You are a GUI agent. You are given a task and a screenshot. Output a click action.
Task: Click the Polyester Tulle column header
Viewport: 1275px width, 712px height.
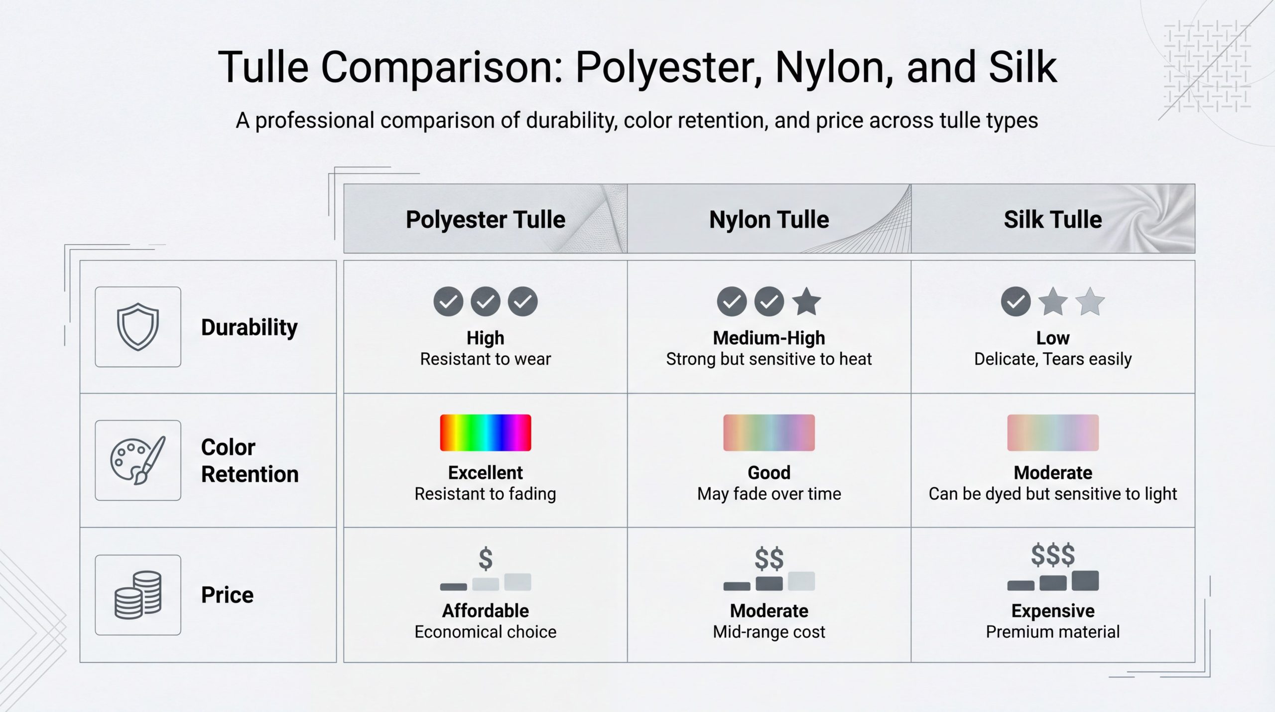[x=485, y=219]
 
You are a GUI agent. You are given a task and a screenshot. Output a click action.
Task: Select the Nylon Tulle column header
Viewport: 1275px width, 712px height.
[x=769, y=219]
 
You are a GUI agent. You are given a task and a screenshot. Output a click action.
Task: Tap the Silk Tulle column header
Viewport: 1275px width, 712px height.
[x=1053, y=219]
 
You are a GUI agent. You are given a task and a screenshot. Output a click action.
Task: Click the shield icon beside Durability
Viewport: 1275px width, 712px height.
[x=138, y=327]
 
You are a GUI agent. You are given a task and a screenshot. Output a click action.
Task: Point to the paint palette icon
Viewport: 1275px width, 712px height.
[x=138, y=460]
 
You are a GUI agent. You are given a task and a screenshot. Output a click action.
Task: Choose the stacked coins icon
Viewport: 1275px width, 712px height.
[x=138, y=595]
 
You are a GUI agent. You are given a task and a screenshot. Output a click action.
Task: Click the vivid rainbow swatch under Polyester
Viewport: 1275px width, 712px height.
[x=486, y=432]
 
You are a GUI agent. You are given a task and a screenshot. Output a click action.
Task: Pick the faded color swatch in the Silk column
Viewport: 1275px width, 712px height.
[x=1053, y=432]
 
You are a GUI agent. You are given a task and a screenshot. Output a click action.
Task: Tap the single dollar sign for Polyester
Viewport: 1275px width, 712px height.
[x=486, y=559]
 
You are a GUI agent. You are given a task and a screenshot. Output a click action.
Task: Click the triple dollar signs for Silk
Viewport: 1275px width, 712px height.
[x=1053, y=555]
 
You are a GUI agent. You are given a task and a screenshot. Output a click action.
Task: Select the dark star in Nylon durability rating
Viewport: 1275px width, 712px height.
[x=806, y=301]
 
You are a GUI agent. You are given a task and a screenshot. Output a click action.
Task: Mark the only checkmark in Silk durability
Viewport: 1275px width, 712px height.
[x=1016, y=301]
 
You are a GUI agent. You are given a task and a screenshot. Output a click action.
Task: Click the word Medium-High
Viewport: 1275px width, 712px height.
[x=769, y=338]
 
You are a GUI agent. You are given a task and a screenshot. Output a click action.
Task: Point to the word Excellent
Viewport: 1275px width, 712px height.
[x=486, y=472]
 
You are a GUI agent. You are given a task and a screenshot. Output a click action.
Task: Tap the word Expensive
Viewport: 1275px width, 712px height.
[x=1053, y=610]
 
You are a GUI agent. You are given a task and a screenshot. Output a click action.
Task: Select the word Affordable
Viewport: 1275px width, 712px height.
[x=486, y=610]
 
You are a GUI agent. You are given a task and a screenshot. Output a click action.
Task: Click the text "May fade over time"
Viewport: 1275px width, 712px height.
[x=769, y=494]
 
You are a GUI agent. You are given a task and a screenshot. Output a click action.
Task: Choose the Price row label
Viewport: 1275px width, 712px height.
[x=227, y=595]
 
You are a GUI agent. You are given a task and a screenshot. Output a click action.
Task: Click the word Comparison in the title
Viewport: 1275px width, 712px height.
[x=442, y=67]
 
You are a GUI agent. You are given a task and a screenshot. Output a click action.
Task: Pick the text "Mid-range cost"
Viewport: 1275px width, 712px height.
[x=769, y=632]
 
